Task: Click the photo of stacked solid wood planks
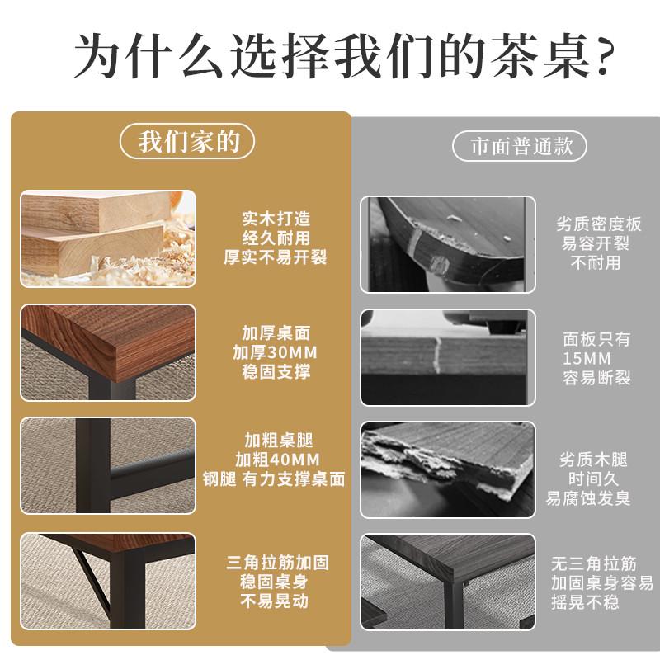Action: (108, 239)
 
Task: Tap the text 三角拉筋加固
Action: (278, 563)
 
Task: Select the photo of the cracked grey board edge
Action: (448, 356)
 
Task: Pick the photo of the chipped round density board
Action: (448, 244)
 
